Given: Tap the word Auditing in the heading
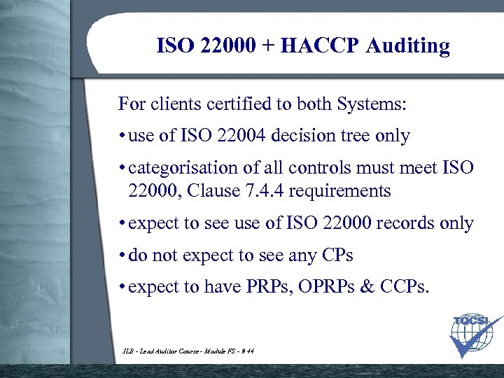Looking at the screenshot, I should click(x=408, y=47).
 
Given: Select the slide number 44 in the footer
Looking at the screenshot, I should click(x=250, y=352).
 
